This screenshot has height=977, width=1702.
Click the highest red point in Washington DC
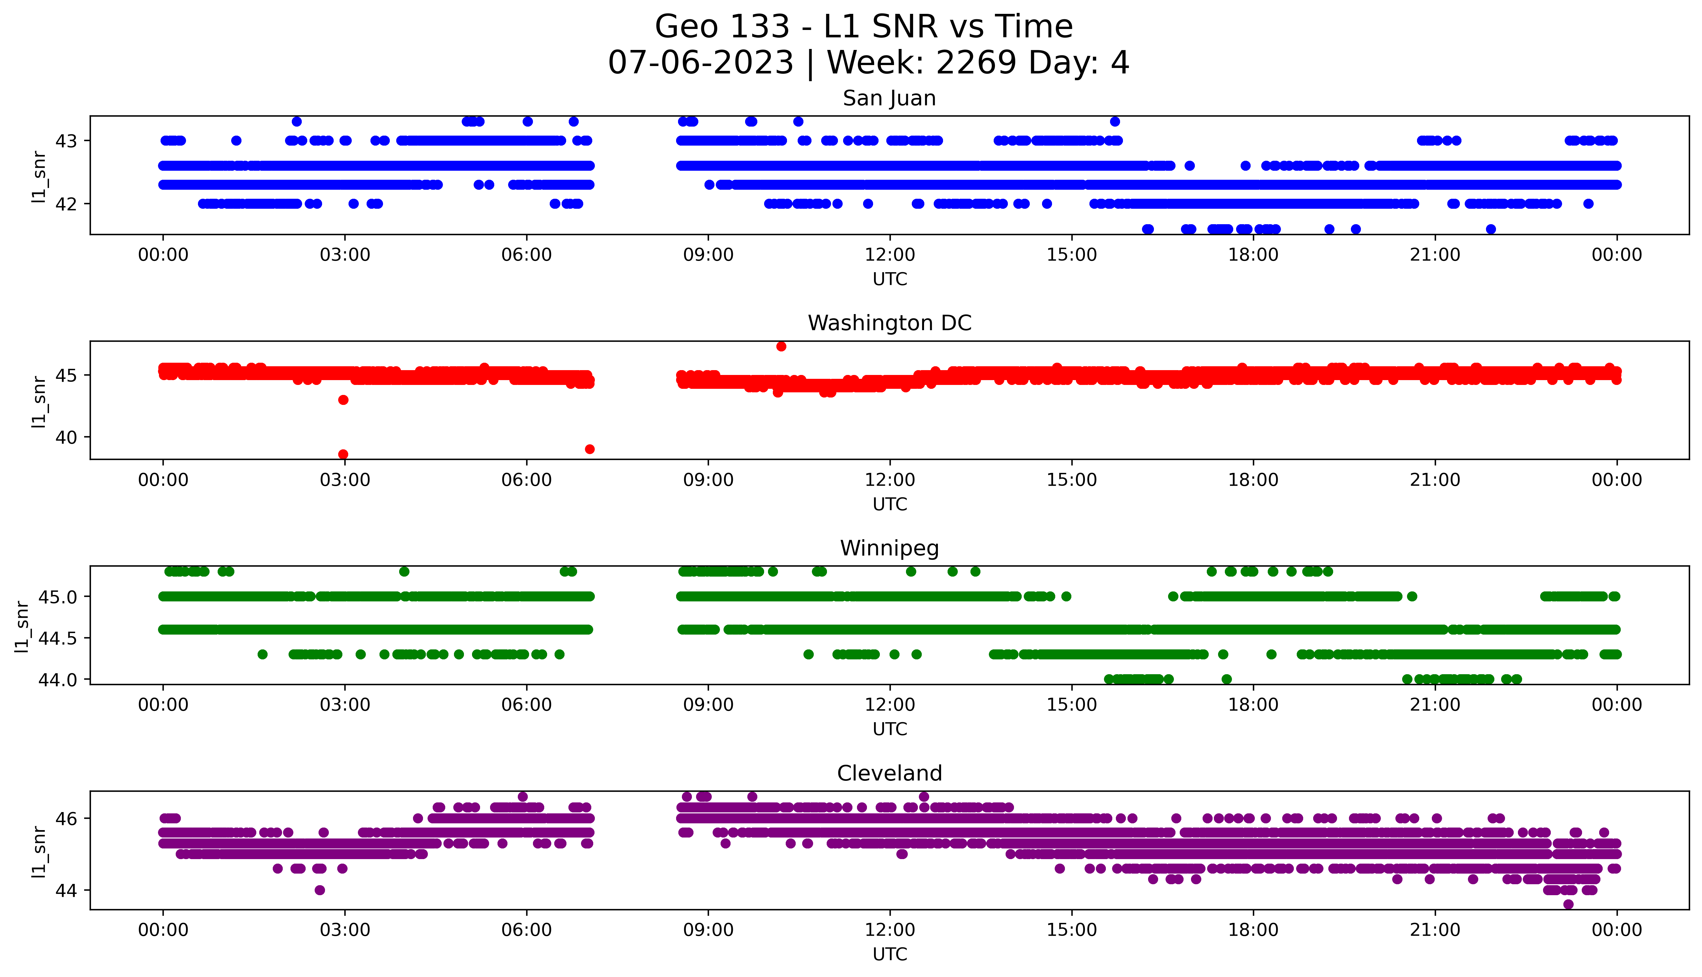(781, 346)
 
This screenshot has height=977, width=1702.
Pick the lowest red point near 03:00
(343, 454)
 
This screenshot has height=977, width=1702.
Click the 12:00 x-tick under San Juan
(890, 255)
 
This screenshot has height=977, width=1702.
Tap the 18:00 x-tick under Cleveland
(1253, 930)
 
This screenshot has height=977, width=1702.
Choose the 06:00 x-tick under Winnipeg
(526, 704)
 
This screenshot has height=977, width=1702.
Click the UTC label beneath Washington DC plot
(890, 504)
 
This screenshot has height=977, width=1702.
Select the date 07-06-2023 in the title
(700, 63)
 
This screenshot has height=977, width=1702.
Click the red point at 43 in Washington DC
(343, 400)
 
